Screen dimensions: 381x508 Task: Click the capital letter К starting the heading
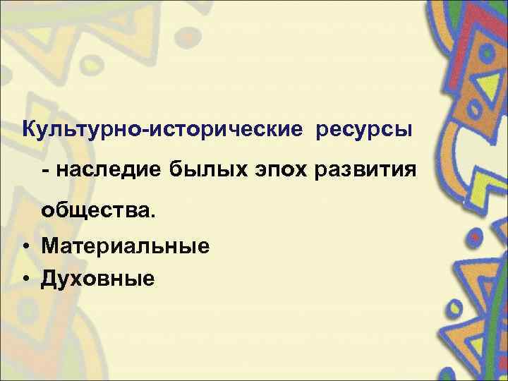coord(30,131)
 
